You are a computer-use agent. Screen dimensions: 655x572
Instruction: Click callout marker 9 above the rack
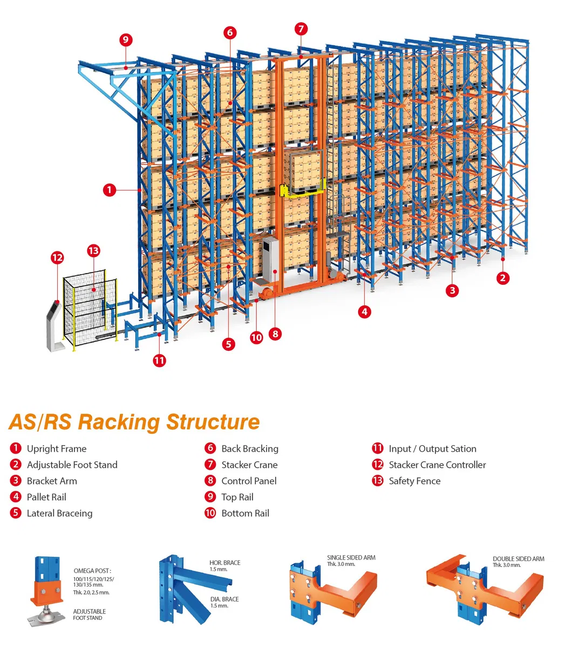click(126, 40)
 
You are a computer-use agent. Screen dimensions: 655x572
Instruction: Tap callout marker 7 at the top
click(301, 29)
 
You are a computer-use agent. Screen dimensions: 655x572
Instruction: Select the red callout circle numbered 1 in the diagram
click(110, 190)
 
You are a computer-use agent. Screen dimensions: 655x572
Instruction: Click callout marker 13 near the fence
click(93, 251)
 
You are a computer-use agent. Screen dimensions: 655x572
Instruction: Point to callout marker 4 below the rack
click(365, 311)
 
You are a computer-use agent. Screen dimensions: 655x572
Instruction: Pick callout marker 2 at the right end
click(503, 278)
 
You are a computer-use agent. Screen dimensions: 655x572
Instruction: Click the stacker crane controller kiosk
click(55, 324)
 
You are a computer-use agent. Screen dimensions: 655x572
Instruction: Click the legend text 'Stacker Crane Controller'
click(437, 465)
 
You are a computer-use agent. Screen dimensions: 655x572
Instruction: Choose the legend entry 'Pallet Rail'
click(46, 497)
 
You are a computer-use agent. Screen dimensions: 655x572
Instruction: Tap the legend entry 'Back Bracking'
click(250, 448)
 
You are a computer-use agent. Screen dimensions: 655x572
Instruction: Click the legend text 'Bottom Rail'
click(245, 513)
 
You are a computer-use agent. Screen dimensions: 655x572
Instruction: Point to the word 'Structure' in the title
click(213, 422)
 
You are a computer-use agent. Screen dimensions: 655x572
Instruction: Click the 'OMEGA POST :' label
click(92, 571)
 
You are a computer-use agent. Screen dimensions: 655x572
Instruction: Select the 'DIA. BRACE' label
click(224, 599)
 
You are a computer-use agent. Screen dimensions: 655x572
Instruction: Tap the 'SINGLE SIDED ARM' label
click(351, 558)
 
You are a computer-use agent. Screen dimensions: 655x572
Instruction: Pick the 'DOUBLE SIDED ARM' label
click(518, 559)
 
